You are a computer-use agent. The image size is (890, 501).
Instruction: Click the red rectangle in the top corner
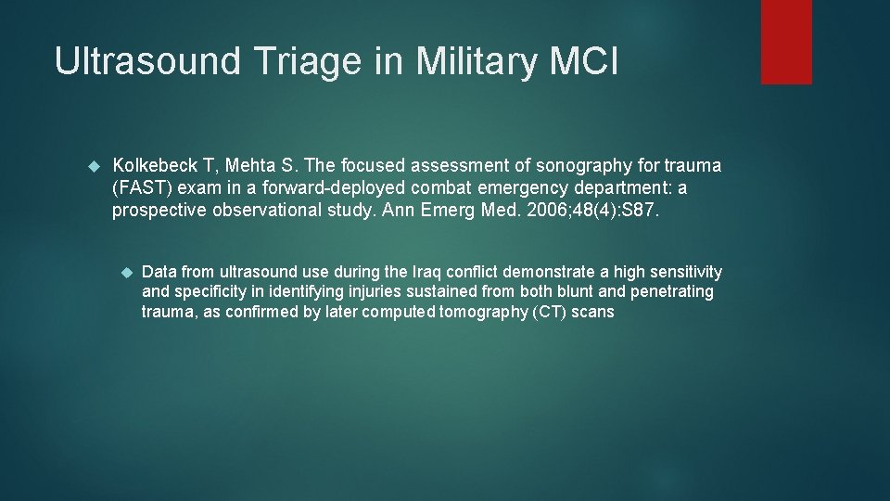point(786,42)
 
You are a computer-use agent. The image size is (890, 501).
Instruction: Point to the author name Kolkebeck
point(154,166)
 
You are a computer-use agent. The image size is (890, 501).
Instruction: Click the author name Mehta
point(252,166)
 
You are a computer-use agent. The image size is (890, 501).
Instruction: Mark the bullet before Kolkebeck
point(92,166)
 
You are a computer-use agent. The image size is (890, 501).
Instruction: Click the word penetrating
point(672,292)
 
